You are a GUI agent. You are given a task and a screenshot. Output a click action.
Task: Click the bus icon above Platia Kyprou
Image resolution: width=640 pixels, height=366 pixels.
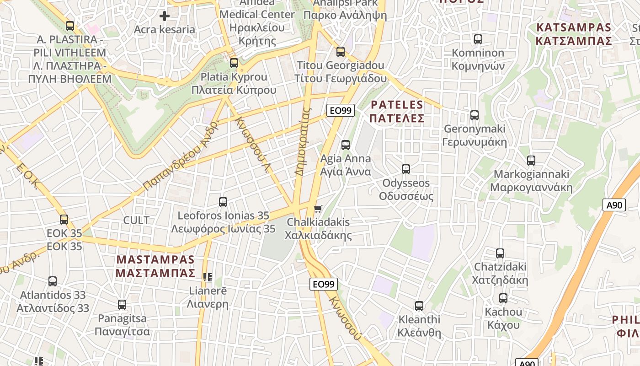pos(234,63)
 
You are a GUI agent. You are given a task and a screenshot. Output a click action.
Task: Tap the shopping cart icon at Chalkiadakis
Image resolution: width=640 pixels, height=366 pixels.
pos(318,209)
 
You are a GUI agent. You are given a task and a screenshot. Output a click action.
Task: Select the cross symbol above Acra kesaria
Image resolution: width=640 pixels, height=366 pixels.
pos(165,16)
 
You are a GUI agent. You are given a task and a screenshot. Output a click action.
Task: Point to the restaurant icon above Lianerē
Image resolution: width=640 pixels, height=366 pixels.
pos(208,277)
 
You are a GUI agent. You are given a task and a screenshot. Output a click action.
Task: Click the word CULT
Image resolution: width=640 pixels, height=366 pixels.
pos(136,220)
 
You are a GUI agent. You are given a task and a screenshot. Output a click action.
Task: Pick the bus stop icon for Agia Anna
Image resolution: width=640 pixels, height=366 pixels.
pos(346,145)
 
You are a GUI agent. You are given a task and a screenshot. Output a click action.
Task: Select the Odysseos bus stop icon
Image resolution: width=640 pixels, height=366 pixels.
pos(405,169)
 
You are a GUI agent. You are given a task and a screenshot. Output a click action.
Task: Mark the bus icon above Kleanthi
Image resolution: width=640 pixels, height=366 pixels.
pos(419,306)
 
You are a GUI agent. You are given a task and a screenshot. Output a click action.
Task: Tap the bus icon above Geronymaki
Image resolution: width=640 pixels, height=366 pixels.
pos(475,115)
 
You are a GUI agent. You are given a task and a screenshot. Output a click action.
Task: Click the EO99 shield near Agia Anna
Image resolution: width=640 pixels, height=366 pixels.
pos(341,110)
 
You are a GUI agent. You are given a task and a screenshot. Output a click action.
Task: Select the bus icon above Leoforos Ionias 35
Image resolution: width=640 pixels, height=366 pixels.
pos(223,202)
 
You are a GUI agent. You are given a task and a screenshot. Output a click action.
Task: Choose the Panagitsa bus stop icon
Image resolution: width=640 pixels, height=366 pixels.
pos(122,305)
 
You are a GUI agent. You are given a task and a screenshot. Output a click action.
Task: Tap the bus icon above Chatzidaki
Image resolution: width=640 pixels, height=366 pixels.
pos(500,253)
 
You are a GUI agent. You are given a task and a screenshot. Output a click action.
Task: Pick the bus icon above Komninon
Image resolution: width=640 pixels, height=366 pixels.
pos(478,39)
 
